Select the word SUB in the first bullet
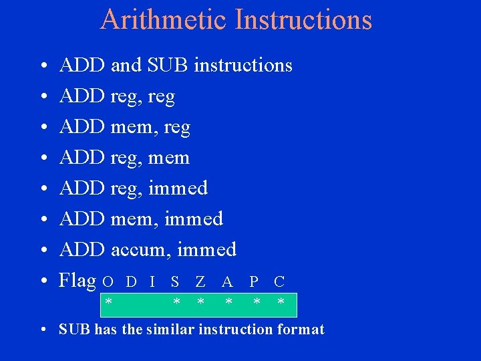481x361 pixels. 168,66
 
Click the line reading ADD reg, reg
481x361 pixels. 117,97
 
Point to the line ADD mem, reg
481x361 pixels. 125,127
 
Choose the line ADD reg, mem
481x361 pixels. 124,158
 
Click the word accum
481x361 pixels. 138,250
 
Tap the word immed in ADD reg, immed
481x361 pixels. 178,189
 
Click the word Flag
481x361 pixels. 78,280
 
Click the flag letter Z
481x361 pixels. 200,282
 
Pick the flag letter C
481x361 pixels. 279,282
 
